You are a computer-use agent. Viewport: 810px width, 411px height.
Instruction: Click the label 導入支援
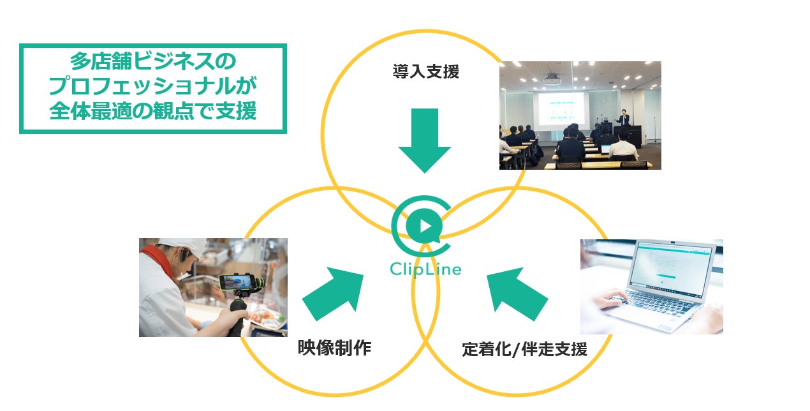point(425,71)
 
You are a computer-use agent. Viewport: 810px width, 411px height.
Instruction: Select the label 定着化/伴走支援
point(524,350)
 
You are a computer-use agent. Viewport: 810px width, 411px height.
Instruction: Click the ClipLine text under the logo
point(425,268)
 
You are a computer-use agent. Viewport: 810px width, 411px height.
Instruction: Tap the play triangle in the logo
point(427,225)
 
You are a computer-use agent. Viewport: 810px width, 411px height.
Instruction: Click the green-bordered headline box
point(153,88)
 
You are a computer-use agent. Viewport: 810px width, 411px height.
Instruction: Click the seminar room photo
point(580,116)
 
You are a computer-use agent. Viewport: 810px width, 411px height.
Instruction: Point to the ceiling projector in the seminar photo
point(552,78)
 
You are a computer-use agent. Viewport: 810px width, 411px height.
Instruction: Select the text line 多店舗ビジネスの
point(153,63)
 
